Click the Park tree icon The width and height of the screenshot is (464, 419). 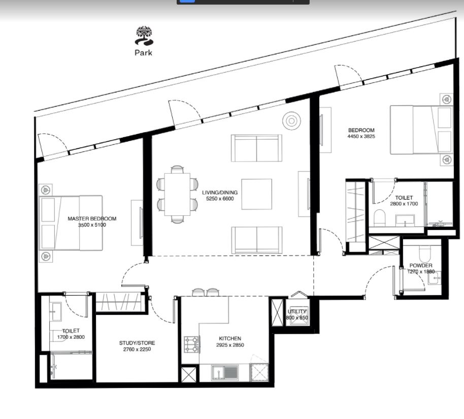pyautogui.click(x=144, y=36)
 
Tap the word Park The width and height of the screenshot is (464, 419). pyautogui.click(x=144, y=53)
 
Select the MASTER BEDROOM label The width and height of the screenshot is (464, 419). pyautogui.click(x=92, y=218)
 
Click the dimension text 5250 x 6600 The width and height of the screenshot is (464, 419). pyautogui.click(x=220, y=199)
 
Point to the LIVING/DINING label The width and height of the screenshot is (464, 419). pyautogui.click(x=220, y=192)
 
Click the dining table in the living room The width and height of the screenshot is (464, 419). pyautogui.click(x=177, y=194)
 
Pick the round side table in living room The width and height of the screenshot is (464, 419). pyautogui.click(x=291, y=120)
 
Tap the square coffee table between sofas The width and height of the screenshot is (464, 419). pyautogui.click(x=256, y=194)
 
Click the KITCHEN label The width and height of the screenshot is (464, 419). pyautogui.click(x=230, y=338)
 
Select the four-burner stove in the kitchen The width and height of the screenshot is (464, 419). pyautogui.click(x=192, y=344)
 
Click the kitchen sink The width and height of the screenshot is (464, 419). pyautogui.click(x=225, y=373)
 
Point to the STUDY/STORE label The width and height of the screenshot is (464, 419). pyautogui.click(x=137, y=343)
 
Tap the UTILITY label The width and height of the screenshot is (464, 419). pyautogui.click(x=297, y=311)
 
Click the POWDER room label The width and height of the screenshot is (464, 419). pyautogui.click(x=421, y=265)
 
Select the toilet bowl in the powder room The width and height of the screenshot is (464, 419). pyautogui.click(x=426, y=253)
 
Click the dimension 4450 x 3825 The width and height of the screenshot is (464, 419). pyautogui.click(x=361, y=136)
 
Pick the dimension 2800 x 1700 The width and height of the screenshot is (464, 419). pyautogui.click(x=404, y=204)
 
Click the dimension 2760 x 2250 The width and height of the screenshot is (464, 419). pyautogui.click(x=137, y=349)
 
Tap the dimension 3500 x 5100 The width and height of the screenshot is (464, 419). pyautogui.click(x=92, y=225)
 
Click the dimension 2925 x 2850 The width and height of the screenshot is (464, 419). pyautogui.click(x=230, y=345)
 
